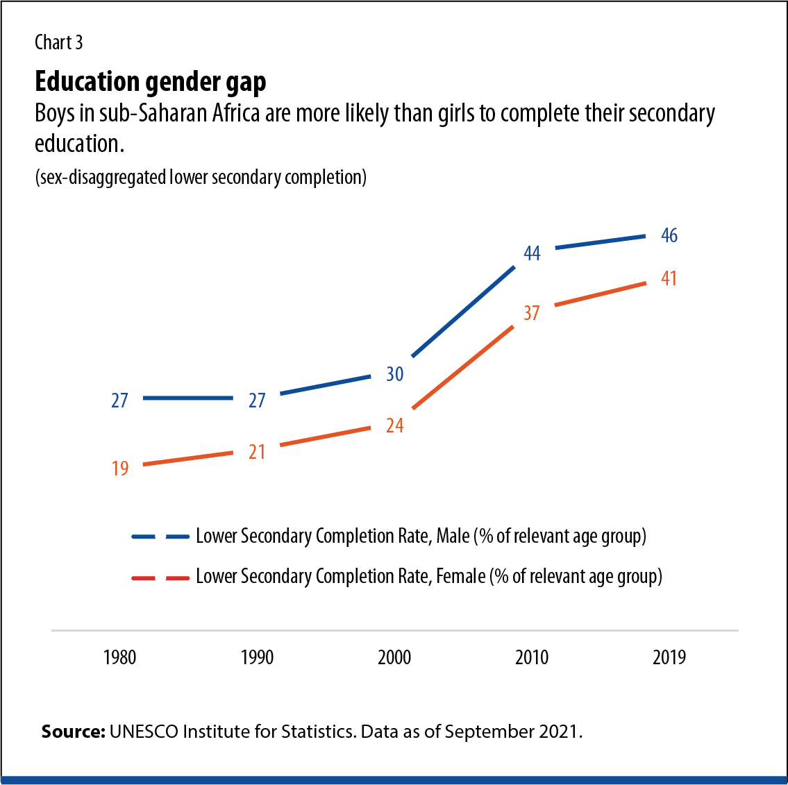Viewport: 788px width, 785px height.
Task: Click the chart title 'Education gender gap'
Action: click(x=150, y=82)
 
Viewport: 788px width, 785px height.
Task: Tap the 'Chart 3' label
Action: click(x=58, y=43)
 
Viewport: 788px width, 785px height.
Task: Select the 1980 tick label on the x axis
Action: click(x=119, y=657)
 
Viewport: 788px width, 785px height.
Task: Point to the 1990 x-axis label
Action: click(x=257, y=657)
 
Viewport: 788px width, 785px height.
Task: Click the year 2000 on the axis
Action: click(x=394, y=657)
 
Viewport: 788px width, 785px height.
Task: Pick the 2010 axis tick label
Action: click(x=532, y=657)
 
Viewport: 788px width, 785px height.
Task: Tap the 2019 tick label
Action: click(x=669, y=657)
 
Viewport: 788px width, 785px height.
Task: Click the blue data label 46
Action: click(x=669, y=236)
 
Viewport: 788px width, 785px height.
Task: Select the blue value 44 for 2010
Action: click(x=532, y=254)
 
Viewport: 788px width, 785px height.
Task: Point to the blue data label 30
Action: click(x=394, y=375)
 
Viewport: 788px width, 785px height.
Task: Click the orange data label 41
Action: click(x=669, y=279)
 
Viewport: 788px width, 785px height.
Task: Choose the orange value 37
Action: click(x=532, y=314)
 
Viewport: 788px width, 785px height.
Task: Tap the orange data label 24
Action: click(x=394, y=426)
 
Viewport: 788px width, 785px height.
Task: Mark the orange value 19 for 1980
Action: click(x=120, y=469)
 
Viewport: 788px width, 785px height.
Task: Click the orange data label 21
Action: click(x=257, y=453)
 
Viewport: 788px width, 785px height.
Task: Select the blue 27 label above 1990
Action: click(x=257, y=401)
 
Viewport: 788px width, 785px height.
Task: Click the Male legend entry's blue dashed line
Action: click(x=160, y=537)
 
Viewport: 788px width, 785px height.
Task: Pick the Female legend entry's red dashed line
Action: click(x=160, y=577)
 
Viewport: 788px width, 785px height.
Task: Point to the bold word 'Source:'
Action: click(x=73, y=732)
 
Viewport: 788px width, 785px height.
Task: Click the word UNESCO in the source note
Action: click(x=143, y=732)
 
